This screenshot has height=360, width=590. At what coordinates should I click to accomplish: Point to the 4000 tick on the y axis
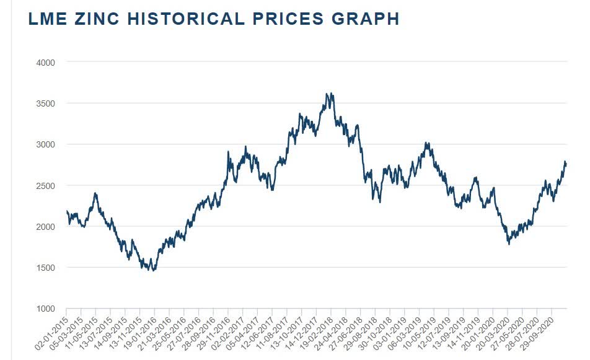point(46,63)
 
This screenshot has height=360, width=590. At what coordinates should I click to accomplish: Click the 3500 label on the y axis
point(46,103)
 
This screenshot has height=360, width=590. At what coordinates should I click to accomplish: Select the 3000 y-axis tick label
point(46,144)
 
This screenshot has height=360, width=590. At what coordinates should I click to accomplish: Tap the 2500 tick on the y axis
point(46,186)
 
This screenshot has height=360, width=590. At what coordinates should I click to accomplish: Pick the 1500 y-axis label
point(46,268)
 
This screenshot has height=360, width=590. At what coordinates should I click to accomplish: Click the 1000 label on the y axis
point(46,309)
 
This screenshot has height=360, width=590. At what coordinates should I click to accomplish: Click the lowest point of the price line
point(153,271)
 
